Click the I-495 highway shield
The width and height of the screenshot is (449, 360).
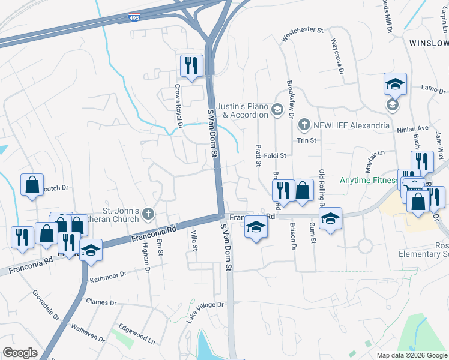click(x=135, y=18)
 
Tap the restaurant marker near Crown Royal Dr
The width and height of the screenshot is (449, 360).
click(x=191, y=65)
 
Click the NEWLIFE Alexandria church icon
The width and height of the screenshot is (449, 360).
click(x=304, y=125)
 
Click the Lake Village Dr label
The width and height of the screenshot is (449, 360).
click(x=205, y=312)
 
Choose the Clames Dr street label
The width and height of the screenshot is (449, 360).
click(x=99, y=302)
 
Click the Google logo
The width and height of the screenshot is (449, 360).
click(x=20, y=353)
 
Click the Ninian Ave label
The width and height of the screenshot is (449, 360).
click(x=412, y=128)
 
